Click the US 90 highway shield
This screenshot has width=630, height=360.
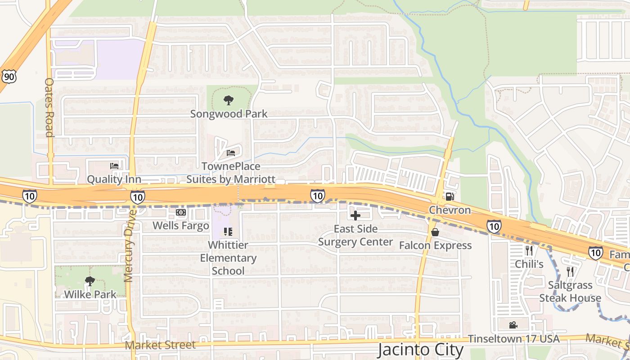point(9,76)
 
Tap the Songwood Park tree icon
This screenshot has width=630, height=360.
point(229,100)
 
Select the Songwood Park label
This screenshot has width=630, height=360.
point(229,114)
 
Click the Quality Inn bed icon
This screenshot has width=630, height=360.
point(114,166)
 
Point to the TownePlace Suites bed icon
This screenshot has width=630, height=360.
point(231,153)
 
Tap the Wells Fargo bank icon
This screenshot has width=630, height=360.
point(181,212)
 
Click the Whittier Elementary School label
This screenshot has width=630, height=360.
point(228,258)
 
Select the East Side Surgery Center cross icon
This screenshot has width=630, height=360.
point(355,216)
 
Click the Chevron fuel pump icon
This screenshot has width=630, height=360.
point(449,196)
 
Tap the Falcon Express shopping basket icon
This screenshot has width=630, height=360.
point(435,232)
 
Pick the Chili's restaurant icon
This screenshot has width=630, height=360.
point(529,251)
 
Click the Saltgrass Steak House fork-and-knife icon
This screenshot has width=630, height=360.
point(570,272)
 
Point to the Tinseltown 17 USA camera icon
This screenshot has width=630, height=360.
point(513,325)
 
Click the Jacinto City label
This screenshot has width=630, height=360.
point(420,350)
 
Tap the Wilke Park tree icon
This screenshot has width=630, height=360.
point(90,281)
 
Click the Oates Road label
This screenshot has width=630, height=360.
point(49,108)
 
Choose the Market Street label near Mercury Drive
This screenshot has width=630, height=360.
point(160,345)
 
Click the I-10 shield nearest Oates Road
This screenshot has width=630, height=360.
point(30,196)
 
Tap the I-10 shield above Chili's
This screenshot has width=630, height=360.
point(494,226)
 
